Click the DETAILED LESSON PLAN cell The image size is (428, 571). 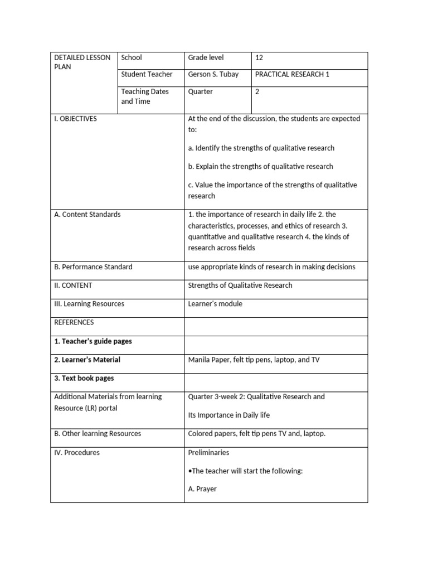point(81,62)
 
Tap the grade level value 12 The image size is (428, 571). point(259,57)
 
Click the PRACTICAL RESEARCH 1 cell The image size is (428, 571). point(291,74)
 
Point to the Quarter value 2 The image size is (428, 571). point(257,92)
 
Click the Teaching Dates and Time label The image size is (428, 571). point(144,96)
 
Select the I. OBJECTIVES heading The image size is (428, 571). point(75,119)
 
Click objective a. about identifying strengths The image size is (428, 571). point(261,148)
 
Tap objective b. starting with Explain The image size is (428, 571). point(260,166)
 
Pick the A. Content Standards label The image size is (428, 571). point(87,214)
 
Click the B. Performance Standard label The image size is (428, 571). point(93,267)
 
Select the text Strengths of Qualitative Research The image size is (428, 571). point(240,285)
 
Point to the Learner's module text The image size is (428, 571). point(215,304)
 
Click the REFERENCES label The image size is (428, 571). point(74,322)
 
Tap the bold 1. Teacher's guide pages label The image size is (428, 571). point(93,341)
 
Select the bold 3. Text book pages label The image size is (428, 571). point(84,378)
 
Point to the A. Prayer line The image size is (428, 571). point(202,489)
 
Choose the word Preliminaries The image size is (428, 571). point(208,453)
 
